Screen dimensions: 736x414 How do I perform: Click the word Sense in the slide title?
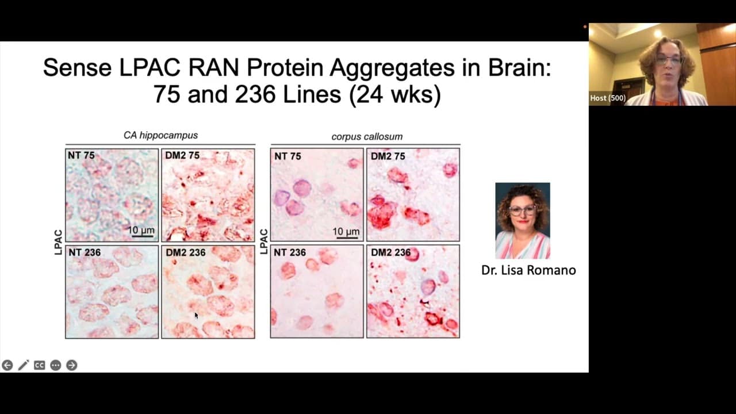[77, 68]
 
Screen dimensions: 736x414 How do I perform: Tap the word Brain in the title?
[519, 68]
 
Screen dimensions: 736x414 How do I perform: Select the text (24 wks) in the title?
[394, 95]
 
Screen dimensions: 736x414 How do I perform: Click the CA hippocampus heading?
[160, 135]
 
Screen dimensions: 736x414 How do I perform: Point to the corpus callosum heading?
[367, 137]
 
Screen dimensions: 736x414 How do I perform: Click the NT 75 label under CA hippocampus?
[81, 155]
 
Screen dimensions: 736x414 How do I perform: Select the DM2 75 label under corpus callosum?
[388, 156]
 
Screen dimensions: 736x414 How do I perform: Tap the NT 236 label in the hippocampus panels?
[85, 252]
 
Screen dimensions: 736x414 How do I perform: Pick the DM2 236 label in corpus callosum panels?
[391, 252]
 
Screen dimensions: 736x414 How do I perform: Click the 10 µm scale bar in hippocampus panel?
[141, 236]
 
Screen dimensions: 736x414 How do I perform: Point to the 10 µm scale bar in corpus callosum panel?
[346, 237]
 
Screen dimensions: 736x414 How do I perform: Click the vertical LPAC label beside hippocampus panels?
[58, 242]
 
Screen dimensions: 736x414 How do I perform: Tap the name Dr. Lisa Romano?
[528, 270]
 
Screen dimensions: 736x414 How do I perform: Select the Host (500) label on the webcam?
[608, 98]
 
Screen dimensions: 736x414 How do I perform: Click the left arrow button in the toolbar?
[7, 365]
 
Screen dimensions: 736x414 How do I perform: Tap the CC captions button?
[40, 365]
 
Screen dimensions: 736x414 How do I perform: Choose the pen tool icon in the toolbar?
[24, 365]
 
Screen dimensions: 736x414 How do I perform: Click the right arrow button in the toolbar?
[72, 365]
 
